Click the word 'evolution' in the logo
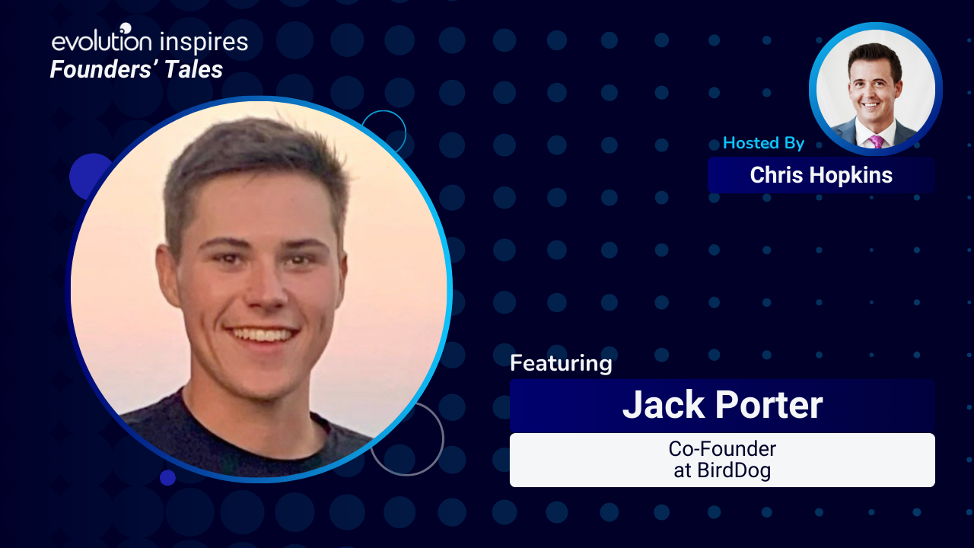[x=102, y=40]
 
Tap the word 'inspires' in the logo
[x=204, y=43]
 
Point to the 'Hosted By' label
[x=763, y=142]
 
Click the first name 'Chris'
[x=777, y=175]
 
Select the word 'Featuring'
[x=561, y=364]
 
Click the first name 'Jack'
[x=664, y=404]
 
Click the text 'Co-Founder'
[x=722, y=449]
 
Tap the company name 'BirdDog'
[x=734, y=470]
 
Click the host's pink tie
[x=876, y=142]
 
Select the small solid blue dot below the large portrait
[x=167, y=477]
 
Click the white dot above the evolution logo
[x=126, y=28]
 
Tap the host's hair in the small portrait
[x=874, y=56]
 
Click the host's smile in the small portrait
[x=871, y=105]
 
